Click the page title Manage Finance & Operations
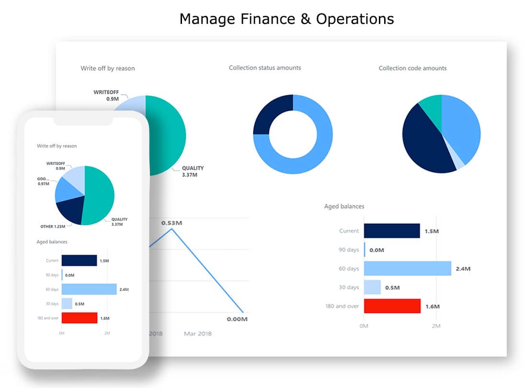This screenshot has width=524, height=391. click(x=286, y=19)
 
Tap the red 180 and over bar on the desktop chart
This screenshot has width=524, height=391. click(x=392, y=306)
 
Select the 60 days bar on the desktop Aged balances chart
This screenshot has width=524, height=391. click(x=407, y=268)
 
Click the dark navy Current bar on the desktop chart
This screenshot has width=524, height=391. click(x=391, y=231)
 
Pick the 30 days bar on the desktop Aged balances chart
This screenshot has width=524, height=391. click(x=372, y=287)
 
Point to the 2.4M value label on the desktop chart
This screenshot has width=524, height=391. click(x=463, y=269)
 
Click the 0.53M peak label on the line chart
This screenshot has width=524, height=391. click(x=171, y=223)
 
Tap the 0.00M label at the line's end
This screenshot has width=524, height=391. click(x=237, y=319)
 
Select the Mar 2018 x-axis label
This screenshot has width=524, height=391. click(x=197, y=333)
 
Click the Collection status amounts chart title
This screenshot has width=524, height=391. click(x=265, y=68)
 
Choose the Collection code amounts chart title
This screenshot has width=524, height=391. click(x=412, y=68)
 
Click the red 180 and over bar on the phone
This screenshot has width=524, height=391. click(x=79, y=318)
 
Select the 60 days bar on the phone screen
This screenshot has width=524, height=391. click(x=89, y=289)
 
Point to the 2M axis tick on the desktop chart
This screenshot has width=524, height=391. click(x=435, y=326)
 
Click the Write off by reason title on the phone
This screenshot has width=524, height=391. click(x=57, y=146)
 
